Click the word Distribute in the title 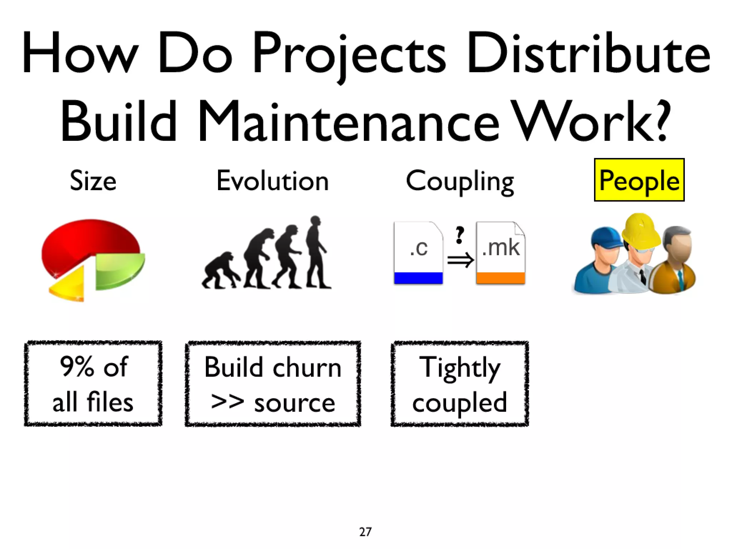588,54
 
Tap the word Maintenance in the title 348,122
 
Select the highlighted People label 639,180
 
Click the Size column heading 93,181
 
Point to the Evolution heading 272,181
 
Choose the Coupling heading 460,182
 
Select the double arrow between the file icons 460,260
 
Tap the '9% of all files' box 93,384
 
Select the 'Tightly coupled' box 460,384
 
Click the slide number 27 365,532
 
